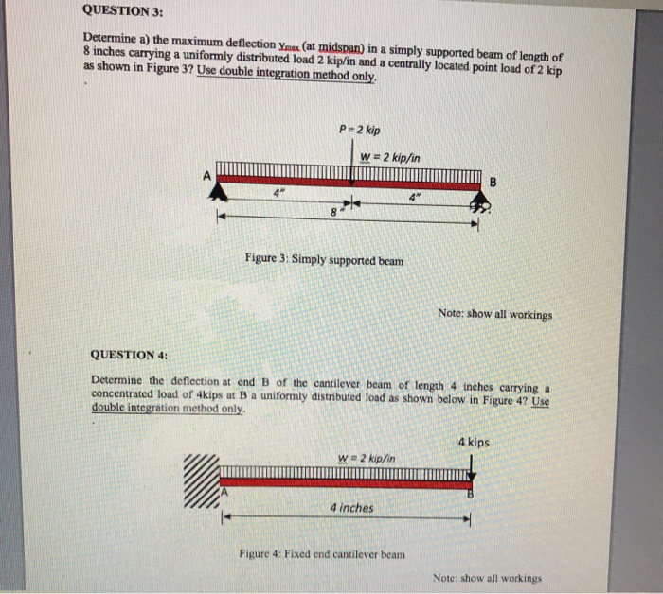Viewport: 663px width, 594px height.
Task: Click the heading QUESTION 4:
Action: pyautogui.click(x=129, y=355)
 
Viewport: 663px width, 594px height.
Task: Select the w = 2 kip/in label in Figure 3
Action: pyautogui.click(x=390, y=156)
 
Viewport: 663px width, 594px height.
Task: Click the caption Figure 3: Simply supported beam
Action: pyautogui.click(x=323, y=257)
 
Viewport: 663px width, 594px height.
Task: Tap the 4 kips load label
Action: pyautogui.click(x=474, y=442)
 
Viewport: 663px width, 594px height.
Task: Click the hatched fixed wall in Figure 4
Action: pyautogui.click(x=201, y=481)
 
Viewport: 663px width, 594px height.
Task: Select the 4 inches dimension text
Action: pyautogui.click(x=351, y=507)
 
